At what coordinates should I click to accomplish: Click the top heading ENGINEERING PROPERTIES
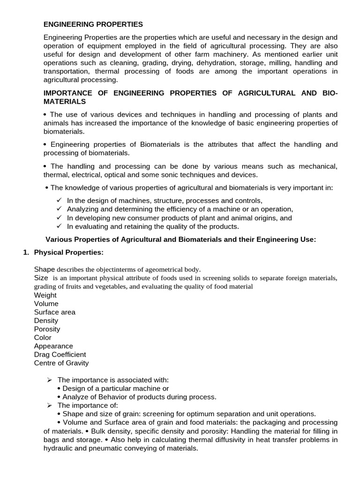click(93, 24)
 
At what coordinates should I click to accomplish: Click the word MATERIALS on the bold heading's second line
click(65, 101)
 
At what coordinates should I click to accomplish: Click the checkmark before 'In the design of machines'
click(59, 201)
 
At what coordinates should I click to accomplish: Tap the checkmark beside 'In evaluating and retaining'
click(59, 226)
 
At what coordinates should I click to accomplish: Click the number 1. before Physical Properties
click(26, 252)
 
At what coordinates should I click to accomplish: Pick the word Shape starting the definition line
click(45, 269)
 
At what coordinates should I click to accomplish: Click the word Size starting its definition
click(41, 277)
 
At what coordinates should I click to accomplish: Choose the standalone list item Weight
click(45, 295)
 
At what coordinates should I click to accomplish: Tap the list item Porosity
click(47, 329)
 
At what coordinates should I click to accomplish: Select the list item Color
click(43, 337)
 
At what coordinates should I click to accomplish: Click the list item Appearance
click(53, 346)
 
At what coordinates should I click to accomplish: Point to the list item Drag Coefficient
click(60, 354)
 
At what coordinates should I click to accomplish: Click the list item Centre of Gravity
click(61, 363)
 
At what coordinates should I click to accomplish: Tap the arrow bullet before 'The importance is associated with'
click(50, 380)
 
